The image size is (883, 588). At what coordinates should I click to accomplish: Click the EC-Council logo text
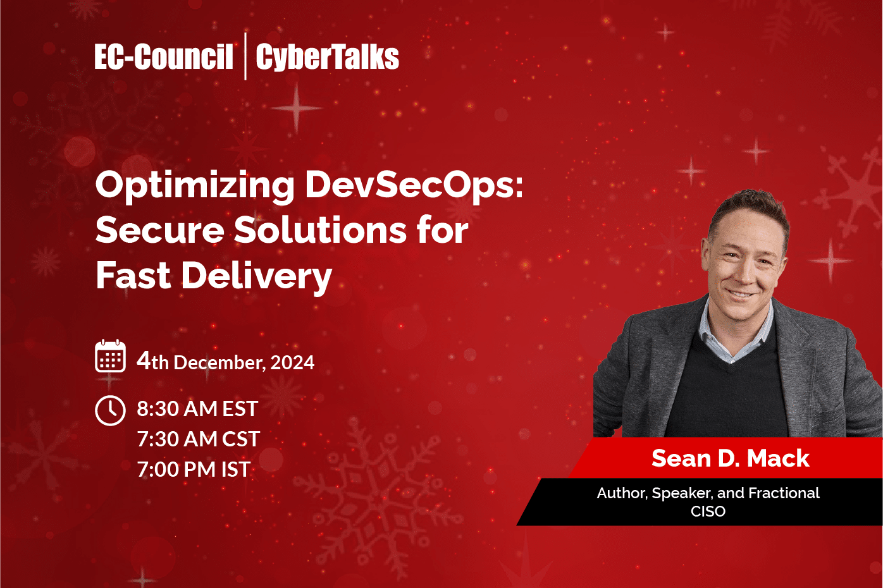tap(164, 57)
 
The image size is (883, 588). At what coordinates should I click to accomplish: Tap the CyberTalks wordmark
tap(327, 57)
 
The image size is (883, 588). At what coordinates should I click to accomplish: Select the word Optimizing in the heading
tap(195, 186)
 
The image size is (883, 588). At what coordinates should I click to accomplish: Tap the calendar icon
tap(110, 356)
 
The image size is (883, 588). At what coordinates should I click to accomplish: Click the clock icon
tap(110, 410)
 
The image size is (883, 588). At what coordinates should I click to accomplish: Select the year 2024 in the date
tap(292, 362)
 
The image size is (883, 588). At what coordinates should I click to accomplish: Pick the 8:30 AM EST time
tap(197, 409)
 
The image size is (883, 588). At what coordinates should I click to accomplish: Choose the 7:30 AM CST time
tap(198, 439)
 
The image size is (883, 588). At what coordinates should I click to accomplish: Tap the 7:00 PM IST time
tap(194, 469)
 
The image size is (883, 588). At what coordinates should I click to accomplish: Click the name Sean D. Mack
tap(730, 458)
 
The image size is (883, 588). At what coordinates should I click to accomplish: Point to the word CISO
tap(708, 511)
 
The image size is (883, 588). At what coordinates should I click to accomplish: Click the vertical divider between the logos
tap(245, 56)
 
